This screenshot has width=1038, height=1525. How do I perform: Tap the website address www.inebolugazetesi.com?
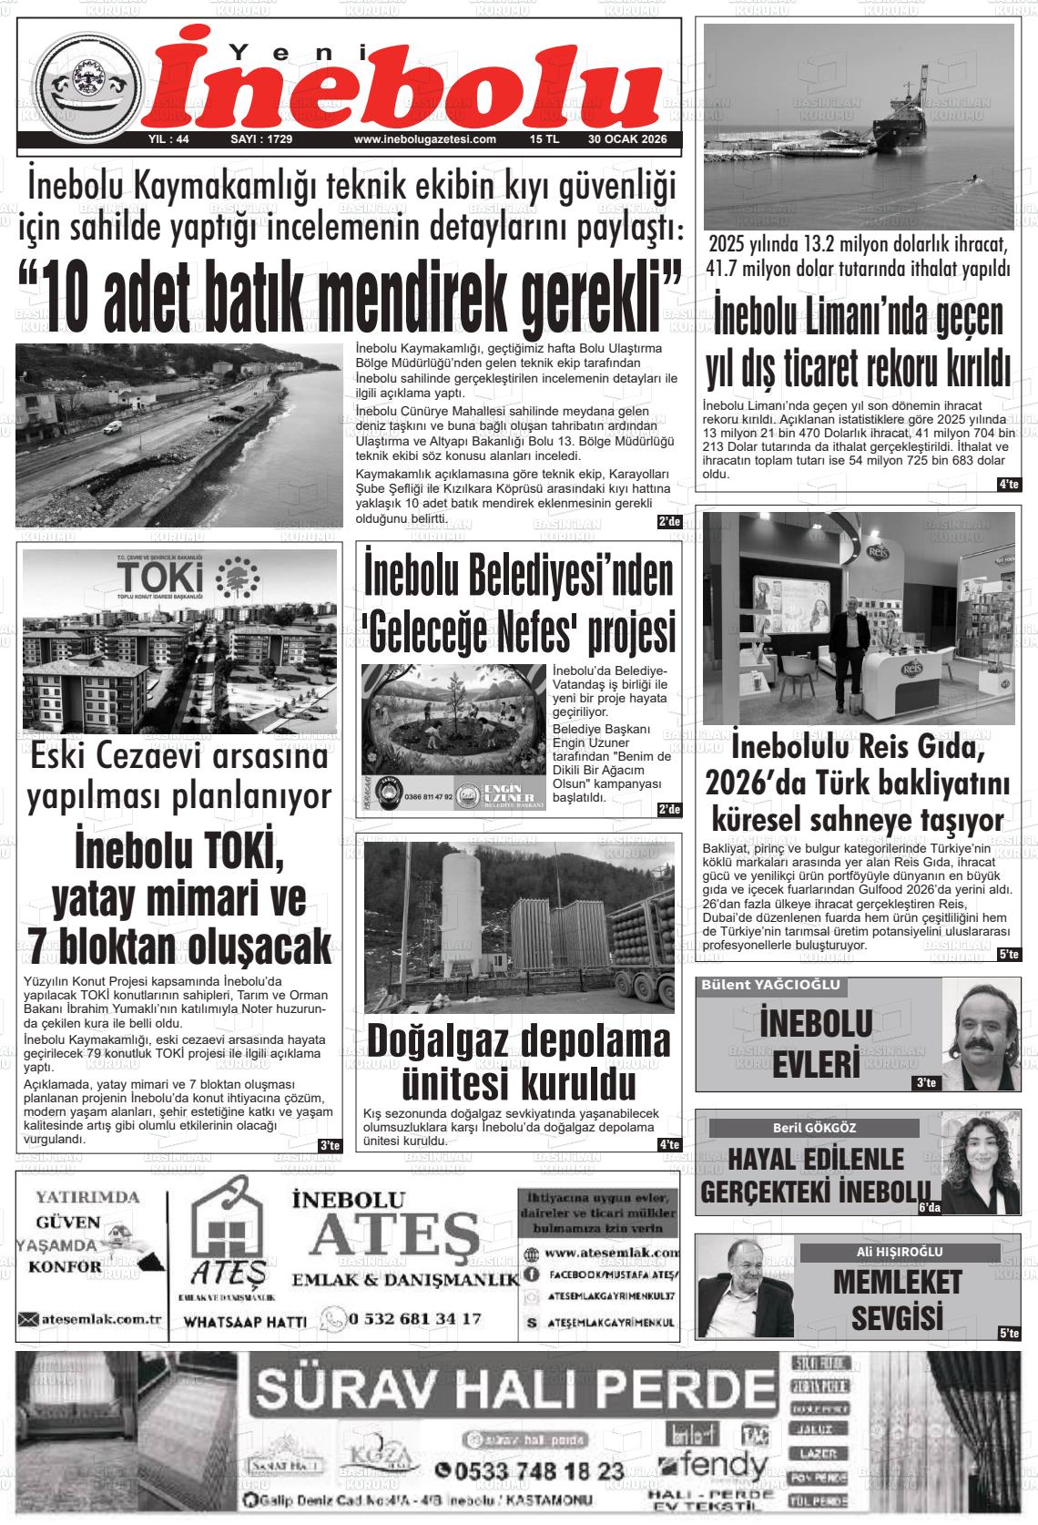(424, 139)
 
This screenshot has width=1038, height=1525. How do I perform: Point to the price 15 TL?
(544, 139)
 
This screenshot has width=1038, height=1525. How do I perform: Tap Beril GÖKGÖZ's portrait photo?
(980, 1161)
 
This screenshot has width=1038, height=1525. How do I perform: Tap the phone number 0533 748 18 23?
(529, 1470)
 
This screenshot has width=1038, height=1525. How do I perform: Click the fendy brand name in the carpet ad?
(724, 1466)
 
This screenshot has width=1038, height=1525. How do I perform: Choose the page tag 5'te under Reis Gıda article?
(1008, 955)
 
